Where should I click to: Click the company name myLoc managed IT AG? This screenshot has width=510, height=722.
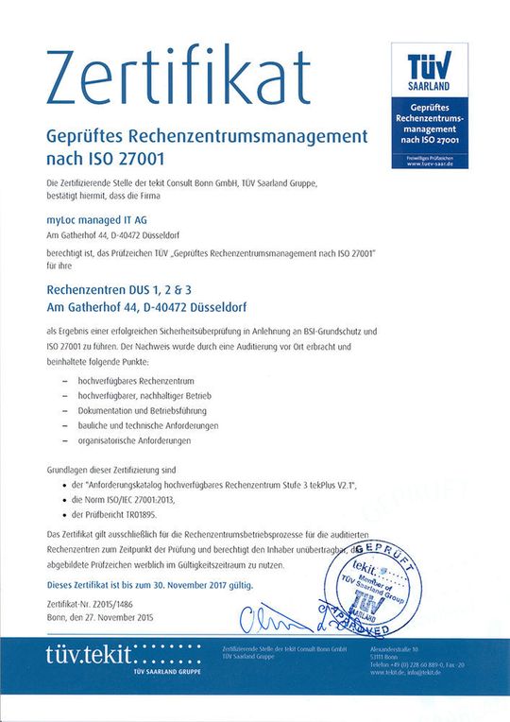[91, 218]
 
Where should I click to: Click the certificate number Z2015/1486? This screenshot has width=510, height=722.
[116, 604]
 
